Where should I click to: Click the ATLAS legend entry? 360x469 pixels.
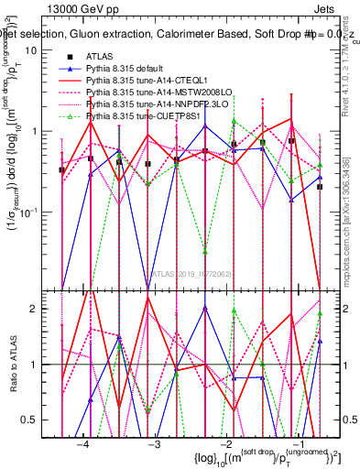(x=99, y=57)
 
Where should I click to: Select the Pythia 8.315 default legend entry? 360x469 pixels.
(x=127, y=69)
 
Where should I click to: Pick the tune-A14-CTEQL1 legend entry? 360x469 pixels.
(x=146, y=82)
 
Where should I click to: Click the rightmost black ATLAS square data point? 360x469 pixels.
(x=320, y=187)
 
